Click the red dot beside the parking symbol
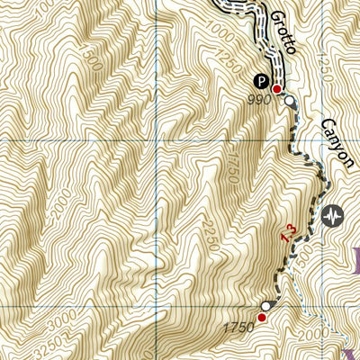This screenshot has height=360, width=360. coord(278,88)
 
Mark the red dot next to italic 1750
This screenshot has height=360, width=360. coord(263,317)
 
